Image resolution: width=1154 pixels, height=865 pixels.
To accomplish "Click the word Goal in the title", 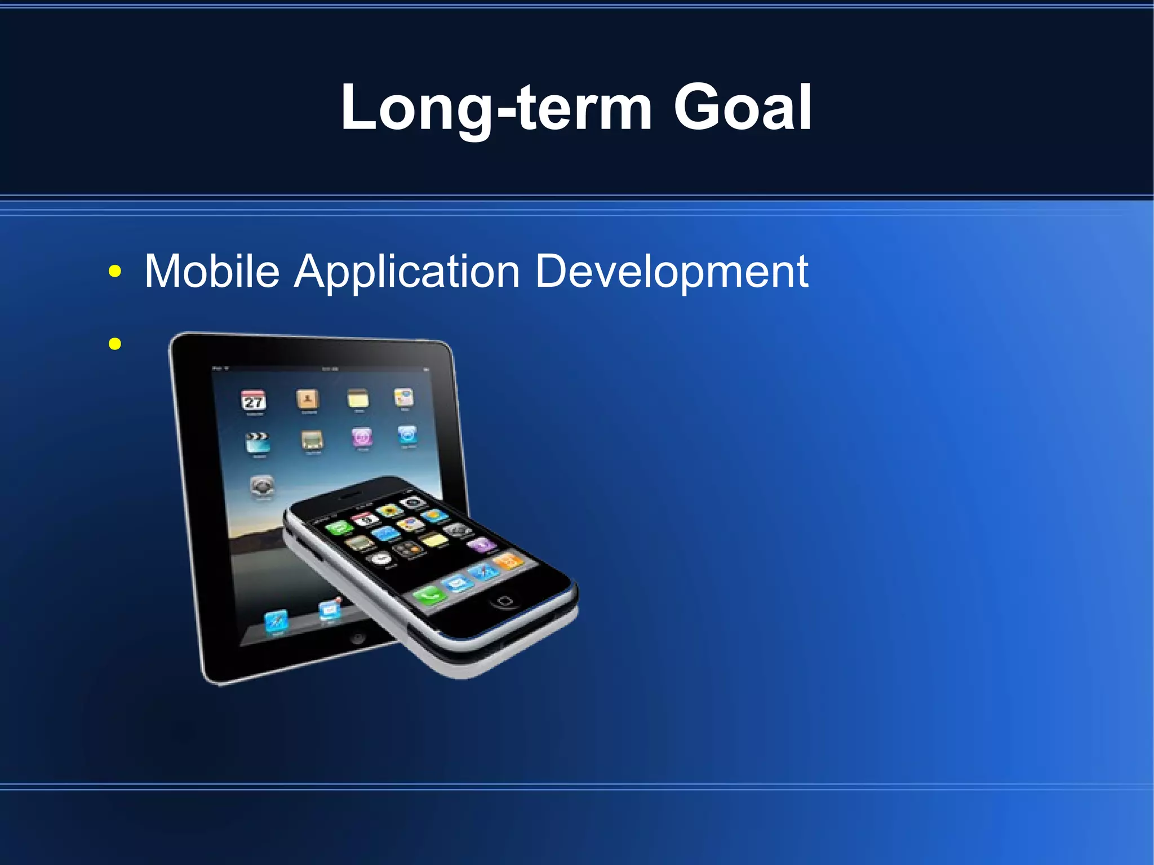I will tap(743, 107).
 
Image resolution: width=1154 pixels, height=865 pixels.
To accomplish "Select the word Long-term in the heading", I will tap(496, 108).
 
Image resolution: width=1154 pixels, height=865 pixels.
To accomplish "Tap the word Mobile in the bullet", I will tap(212, 271).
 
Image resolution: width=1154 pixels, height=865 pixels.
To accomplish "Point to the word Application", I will tap(406, 272).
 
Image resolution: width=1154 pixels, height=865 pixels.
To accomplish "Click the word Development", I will tap(671, 272).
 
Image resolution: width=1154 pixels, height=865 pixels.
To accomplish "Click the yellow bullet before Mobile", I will tap(115, 272).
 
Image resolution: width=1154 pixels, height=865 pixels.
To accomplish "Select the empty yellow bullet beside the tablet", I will tap(115, 344).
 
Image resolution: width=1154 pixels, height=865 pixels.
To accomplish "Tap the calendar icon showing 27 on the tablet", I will tap(254, 401).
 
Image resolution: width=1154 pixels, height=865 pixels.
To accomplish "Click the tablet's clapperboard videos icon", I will tap(258, 443).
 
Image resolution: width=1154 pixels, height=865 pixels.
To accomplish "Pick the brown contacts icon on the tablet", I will tap(308, 400).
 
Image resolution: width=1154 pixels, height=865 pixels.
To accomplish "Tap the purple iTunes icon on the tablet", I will tap(362, 437).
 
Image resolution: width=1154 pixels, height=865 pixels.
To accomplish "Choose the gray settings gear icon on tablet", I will tap(262, 486).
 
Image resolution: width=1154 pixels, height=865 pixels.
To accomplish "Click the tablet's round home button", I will tap(357, 637).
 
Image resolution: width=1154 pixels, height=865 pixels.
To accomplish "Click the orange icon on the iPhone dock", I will tap(509, 561).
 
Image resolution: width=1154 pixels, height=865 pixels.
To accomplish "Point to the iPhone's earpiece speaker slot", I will tap(350, 495).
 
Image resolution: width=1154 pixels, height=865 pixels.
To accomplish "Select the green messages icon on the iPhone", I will tap(339, 528).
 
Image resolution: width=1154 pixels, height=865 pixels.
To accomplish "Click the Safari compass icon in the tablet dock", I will tap(277, 621).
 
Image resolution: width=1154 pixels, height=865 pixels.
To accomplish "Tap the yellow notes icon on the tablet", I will tap(358, 399).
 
